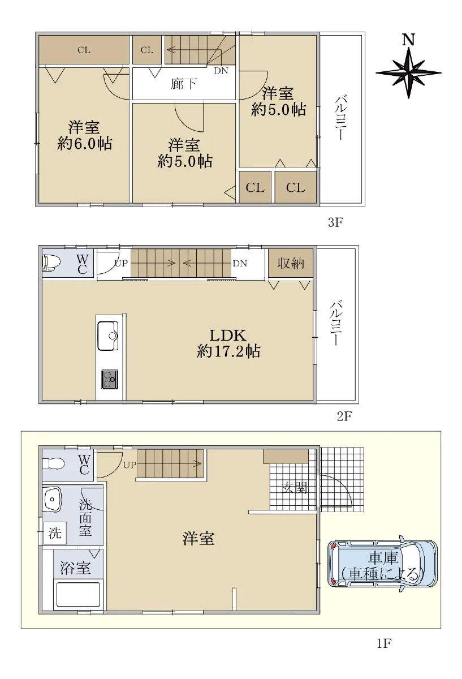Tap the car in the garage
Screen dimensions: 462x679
point(383,564)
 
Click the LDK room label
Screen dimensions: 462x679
point(228,336)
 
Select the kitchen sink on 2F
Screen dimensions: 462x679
point(107,336)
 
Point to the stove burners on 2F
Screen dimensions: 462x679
point(109,379)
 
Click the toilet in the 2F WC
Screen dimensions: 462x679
point(51,263)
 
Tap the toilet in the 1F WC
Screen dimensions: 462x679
point(53,463)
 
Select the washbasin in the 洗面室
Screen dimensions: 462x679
point(53,499)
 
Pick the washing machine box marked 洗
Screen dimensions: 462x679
point(55,533)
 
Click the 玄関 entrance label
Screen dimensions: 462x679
point(295,488)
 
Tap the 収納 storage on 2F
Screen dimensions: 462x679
point(291,263)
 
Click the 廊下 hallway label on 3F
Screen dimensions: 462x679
point(184,84)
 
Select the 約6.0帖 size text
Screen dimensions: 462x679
point(85,143)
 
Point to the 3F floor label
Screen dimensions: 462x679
point(335,222)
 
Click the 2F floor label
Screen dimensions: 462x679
point(344,416)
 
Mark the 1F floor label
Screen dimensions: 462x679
point(385,643)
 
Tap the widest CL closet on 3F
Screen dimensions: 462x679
point(84,50)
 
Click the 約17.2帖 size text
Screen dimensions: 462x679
point(228,351)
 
